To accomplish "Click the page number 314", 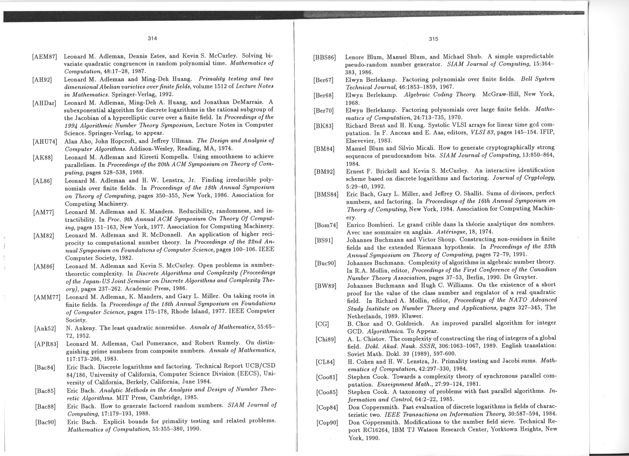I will coord(152,38).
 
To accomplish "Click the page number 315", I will coord(433,39).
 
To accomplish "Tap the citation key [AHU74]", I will coord(45,142).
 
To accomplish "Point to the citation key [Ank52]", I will coord(45,329).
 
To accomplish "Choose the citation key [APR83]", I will coord(46,345).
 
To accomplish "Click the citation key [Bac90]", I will coord(45,422).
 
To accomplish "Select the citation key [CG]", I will coord(322,324).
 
